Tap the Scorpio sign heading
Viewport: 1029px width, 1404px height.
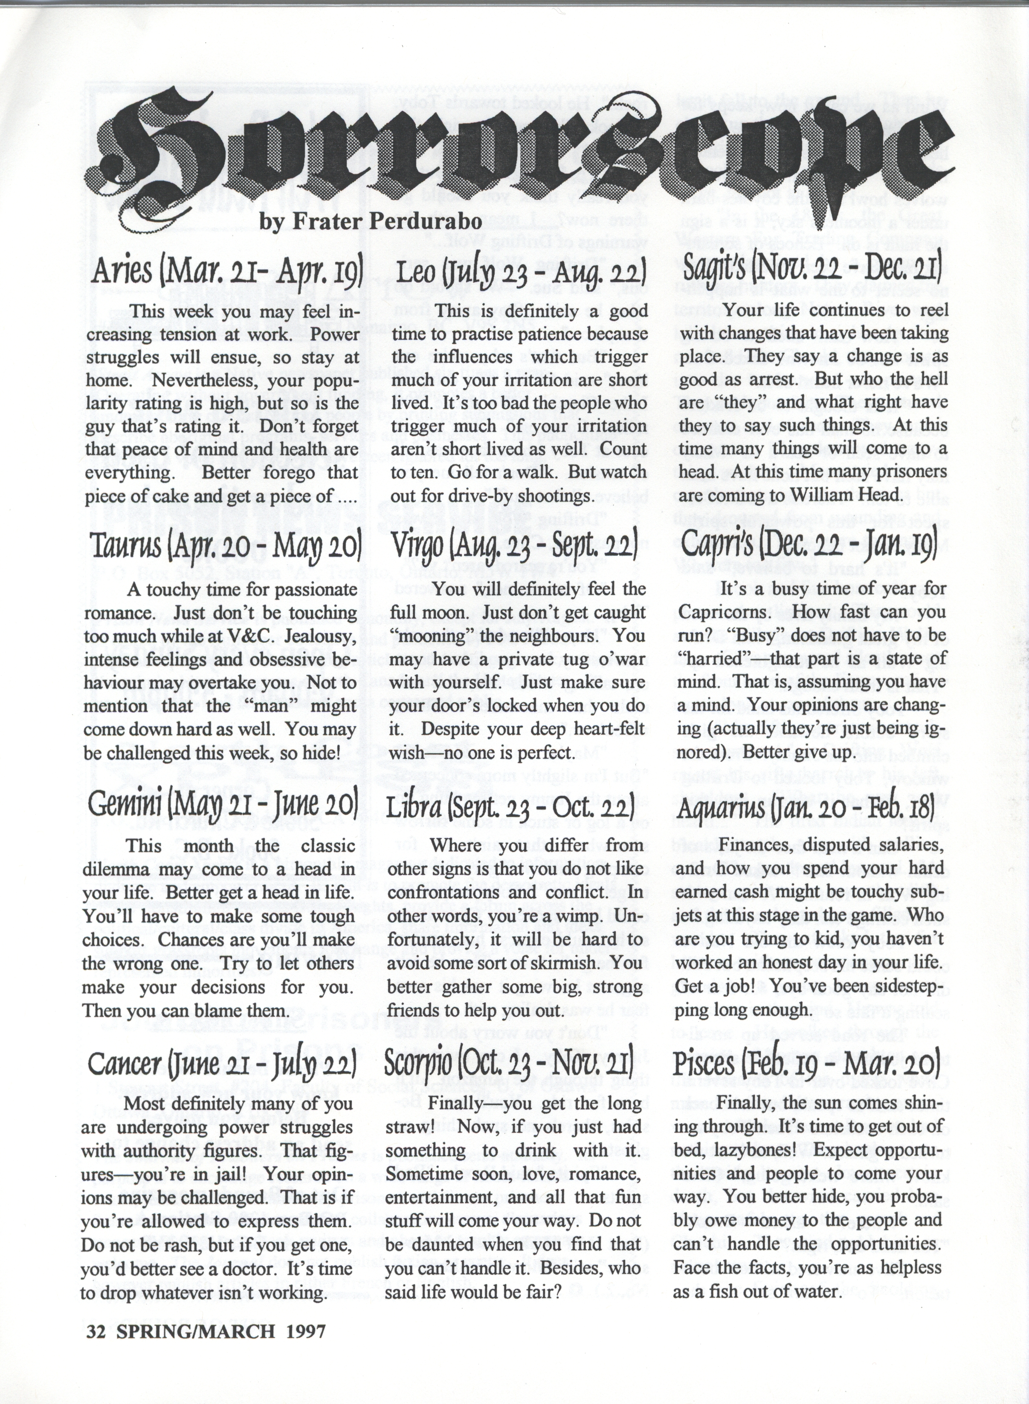(x=509, y=1065)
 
